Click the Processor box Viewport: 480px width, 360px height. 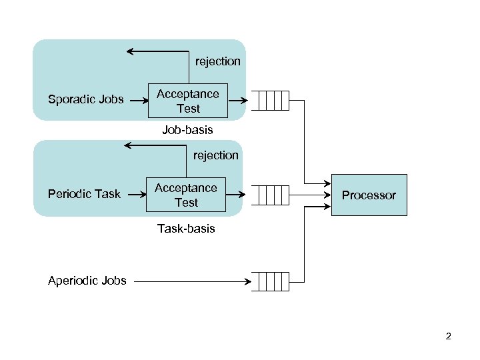click(369, 195)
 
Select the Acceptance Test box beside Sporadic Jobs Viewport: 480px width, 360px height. click(187, 101)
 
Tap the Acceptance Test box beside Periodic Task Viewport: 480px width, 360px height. click(186, 195)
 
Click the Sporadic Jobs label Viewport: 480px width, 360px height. click(85, 100)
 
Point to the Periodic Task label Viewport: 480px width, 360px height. click(84, 194)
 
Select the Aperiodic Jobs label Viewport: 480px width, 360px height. click(87, 281)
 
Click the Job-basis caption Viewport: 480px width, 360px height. click(187, 130)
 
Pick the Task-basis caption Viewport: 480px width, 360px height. click(186, 229)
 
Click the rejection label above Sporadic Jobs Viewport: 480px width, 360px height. click(217, 61)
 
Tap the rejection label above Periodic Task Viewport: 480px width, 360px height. click(215, 155)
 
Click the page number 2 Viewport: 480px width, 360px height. click(449, 337)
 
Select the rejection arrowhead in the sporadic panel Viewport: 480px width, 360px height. click(131, 51)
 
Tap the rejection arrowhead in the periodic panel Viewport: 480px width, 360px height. click(129, 145)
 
